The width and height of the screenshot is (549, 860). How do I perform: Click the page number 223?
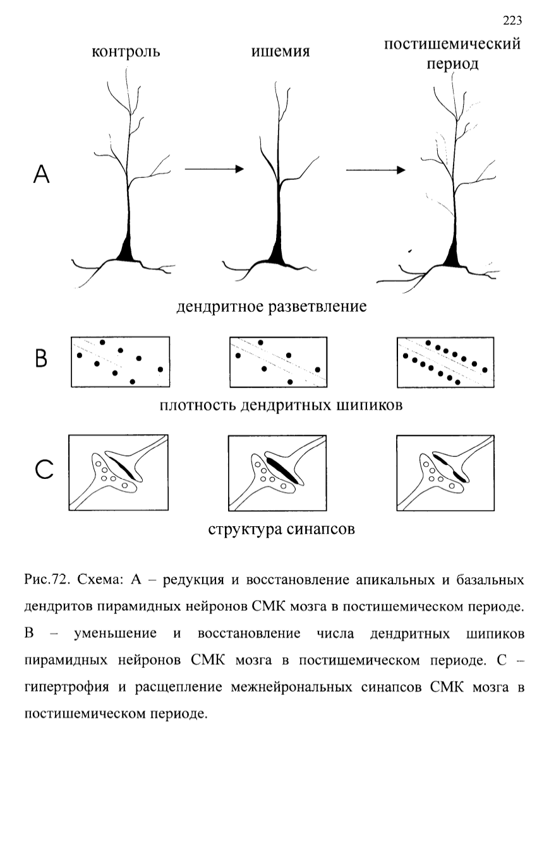pos(512,20)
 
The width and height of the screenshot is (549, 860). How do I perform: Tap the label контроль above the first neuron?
pos(126,52)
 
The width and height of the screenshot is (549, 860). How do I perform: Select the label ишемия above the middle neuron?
pos(281,51)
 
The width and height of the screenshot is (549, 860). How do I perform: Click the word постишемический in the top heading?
pos(452,44)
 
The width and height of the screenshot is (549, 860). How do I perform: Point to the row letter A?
pos(42,174)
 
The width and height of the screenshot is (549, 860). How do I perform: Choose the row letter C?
pos(44,469)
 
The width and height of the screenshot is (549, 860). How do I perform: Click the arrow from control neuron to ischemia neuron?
pos(214,168)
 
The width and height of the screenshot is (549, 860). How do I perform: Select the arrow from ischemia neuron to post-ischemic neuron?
pos(376,170)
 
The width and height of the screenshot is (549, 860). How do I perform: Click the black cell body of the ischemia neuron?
pos(277,254)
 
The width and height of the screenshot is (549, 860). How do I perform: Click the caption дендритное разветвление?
pos(272,307)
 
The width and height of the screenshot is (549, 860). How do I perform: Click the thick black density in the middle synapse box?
pos(283,471)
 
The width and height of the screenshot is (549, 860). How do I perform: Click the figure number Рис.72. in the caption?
pos(47,579)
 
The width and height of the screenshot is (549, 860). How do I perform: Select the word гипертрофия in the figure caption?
pos(66,687)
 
